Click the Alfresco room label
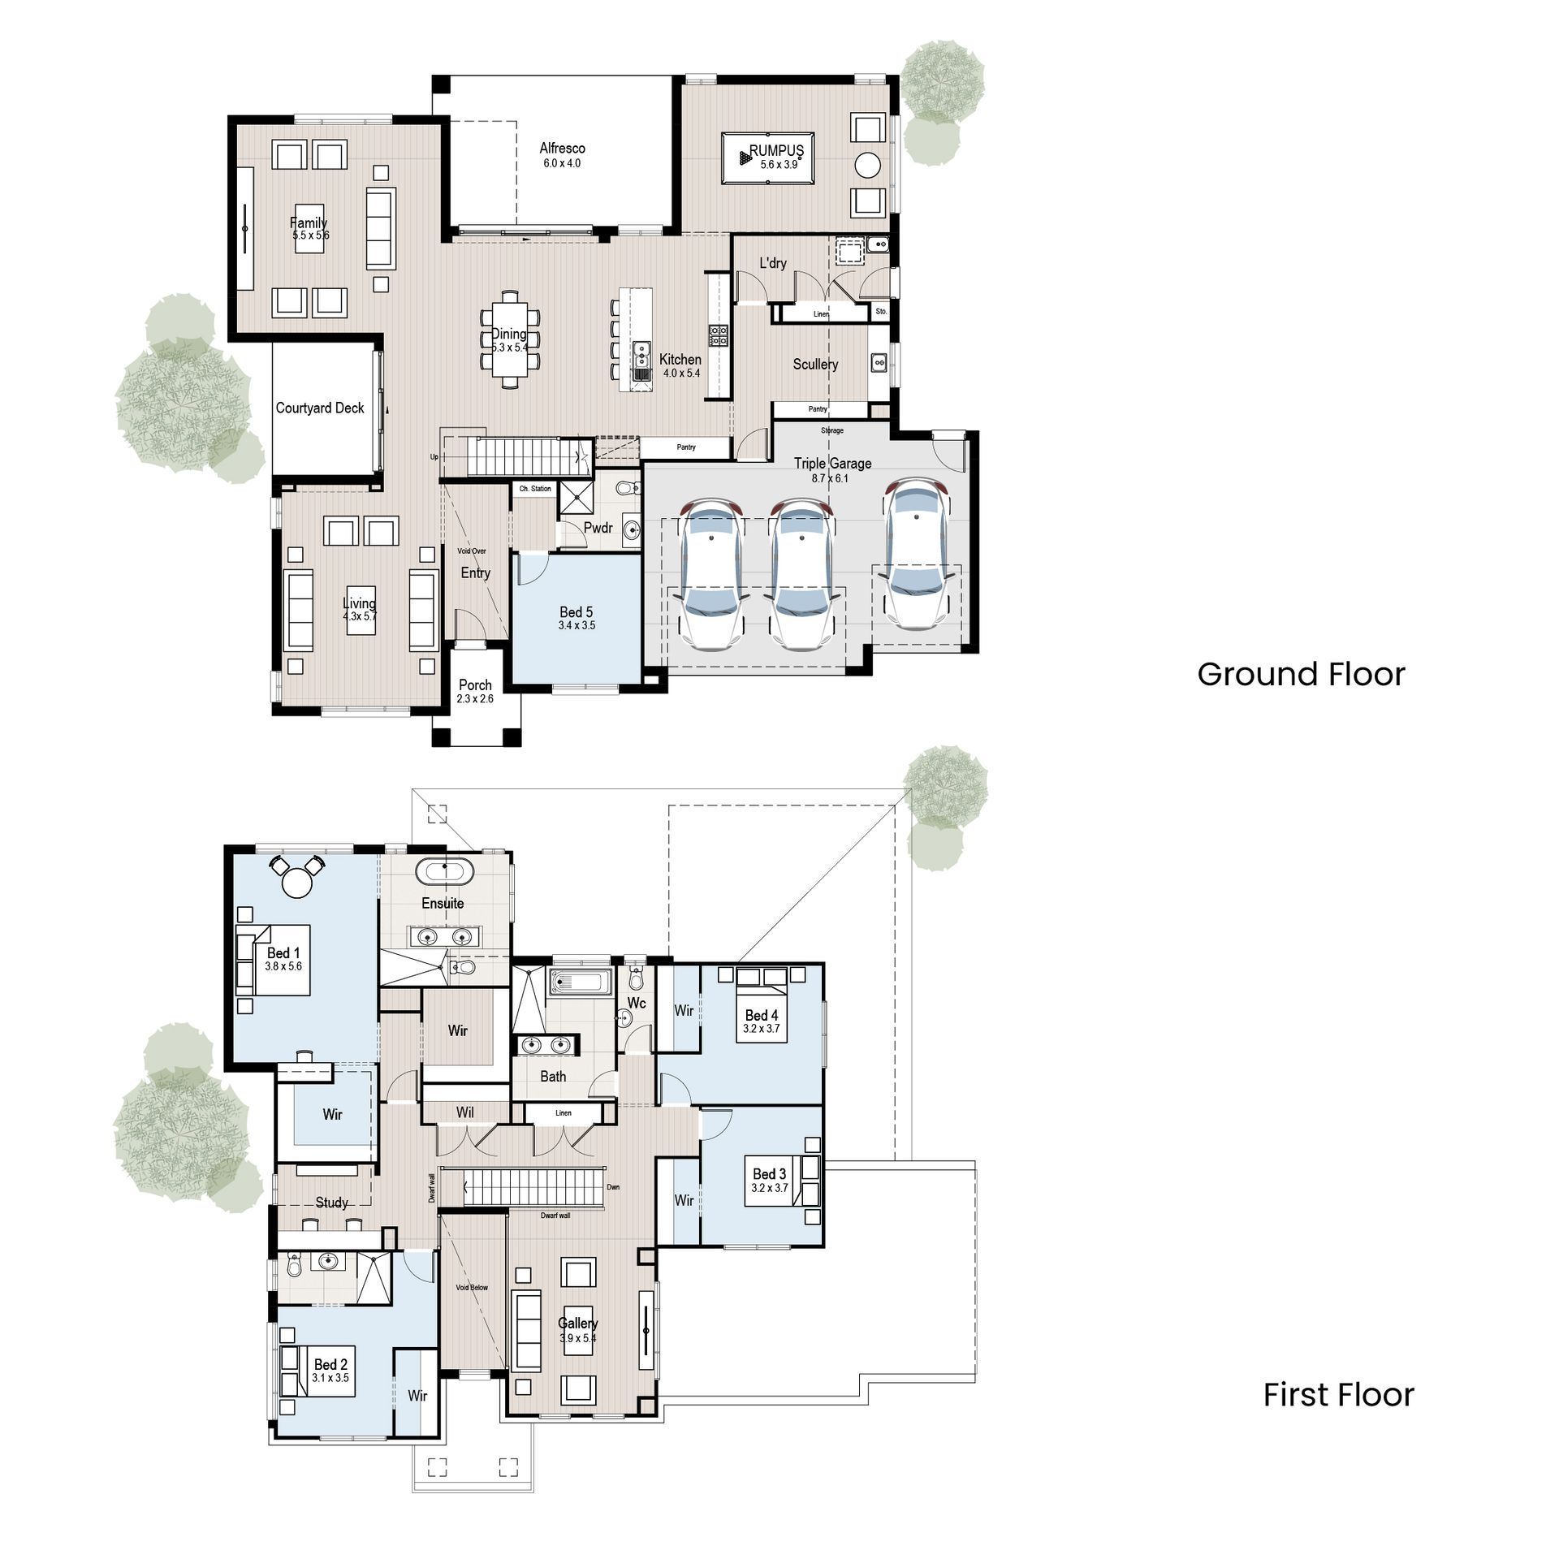(562, 148)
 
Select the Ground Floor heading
(1301, 674)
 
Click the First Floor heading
(1338, 1394)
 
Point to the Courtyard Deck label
(320, 408)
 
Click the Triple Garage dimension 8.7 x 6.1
(830, 478)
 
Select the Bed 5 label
(577, 611)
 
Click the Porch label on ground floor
(475, 684)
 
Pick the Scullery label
(815, 364)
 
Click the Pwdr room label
(598, 528)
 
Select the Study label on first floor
(331, 1203)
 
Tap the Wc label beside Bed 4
(637, 1004)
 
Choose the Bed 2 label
(330, 1365)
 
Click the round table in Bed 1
(296, 883)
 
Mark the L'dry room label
(772, 263)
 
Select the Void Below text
(472, 1288)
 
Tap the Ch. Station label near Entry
(535, 489)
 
